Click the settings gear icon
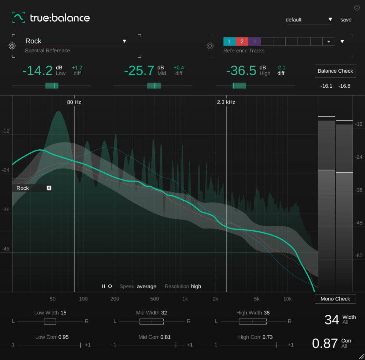tap(357, 8)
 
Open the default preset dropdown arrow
tap(330, 19)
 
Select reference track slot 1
tap(229, 41)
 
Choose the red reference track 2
tap(242, 41)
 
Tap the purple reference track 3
tap(254, 41)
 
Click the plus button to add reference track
tap(329, 41)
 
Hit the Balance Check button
tap(335, 71)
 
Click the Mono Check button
tap(335, 299)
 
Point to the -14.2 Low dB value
tap(37, 71)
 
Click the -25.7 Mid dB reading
tap(139, 71)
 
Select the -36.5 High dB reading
tap(241, 71)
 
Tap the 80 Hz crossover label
tap(74, 102)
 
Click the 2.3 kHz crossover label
tap(226, 102)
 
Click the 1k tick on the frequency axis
tap(185, 299)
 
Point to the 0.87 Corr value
tap(325, 343)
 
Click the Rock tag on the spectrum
tap(23, 188)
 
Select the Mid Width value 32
tap(164, 313)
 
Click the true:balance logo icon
tap(19, 17)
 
